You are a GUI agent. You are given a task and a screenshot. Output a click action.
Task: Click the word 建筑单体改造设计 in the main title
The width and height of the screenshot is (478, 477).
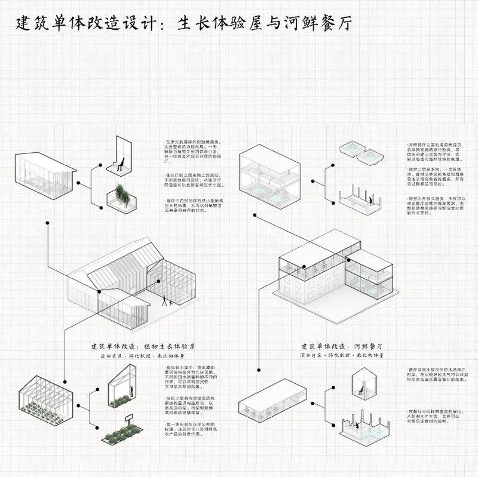(x=90, y=24)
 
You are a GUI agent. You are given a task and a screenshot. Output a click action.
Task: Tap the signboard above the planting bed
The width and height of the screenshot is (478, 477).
(x=128, y=416)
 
